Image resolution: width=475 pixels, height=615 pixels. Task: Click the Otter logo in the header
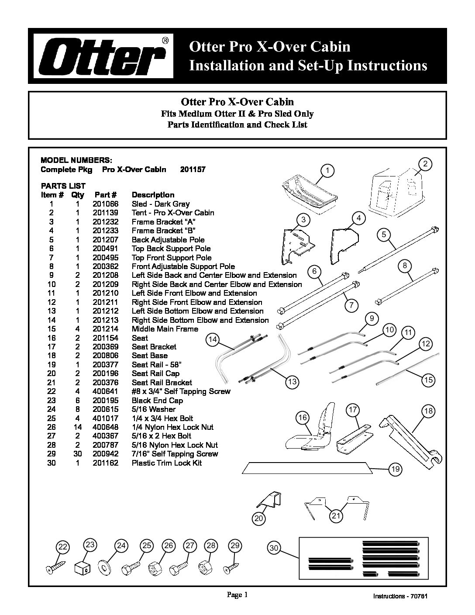(103, 56)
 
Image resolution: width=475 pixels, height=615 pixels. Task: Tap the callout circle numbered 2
(425, 164)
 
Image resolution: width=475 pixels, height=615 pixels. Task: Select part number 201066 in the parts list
(106, 204)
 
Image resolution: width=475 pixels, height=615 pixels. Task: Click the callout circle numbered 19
(396, 469)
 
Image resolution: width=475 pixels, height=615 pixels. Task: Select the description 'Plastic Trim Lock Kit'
(167, 463)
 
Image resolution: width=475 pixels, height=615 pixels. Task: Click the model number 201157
(193, 169)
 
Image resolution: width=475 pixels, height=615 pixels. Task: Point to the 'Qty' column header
(78, 195)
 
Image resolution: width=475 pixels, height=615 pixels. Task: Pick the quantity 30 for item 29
(78, 454)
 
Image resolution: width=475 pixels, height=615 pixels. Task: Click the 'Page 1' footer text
(237, 594)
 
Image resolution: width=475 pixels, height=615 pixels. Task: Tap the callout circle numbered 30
(274, 548)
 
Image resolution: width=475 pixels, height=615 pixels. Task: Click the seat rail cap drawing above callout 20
(269, 500)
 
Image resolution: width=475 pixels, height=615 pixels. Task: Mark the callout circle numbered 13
(292, 382)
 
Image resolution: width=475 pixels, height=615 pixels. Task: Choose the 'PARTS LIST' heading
(63, 186)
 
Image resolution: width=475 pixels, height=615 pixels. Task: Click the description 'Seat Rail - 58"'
(156, 365)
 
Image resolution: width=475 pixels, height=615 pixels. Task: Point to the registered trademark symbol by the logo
(165, 41)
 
